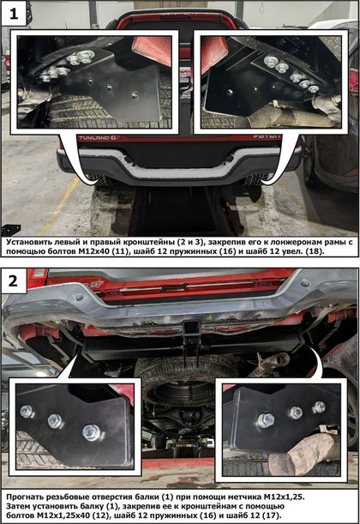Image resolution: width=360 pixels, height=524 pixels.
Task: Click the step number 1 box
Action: coord(14,14)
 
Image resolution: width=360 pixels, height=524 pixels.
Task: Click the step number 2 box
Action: coord(14,280)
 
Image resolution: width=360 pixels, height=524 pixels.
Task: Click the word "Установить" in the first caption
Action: coord(27,243)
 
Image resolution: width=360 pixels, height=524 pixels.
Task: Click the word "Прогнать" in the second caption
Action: coord(24,497)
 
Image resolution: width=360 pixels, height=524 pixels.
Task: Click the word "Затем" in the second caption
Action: coord(16,506)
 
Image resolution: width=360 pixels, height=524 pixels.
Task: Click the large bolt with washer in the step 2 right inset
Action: coord(266,419)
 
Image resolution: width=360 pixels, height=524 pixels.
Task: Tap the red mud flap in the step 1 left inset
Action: coord(151,50)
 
